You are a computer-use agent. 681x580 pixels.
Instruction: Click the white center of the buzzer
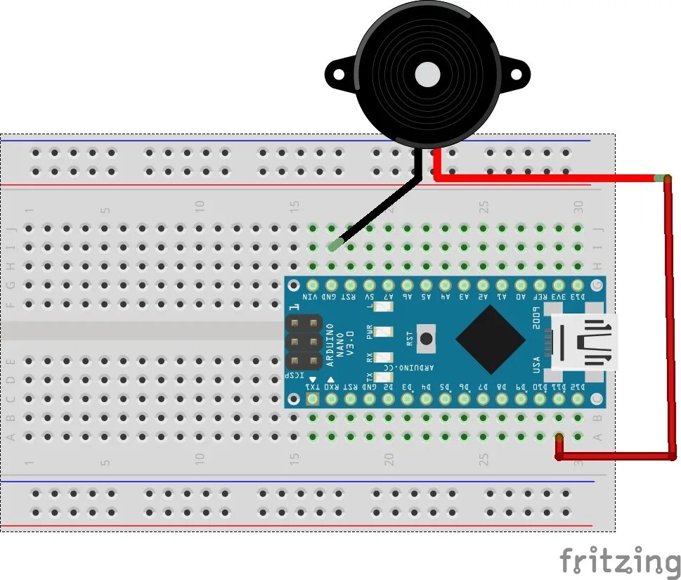pos(427,74)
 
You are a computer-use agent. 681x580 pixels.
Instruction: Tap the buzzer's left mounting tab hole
pos(337,73)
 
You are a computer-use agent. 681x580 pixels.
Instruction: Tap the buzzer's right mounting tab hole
pos(517,73)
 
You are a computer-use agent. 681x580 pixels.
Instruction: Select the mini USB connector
pos(584,342)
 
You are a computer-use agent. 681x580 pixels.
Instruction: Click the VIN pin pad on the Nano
pos(312,285)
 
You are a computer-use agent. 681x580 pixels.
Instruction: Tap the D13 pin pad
pos(578,285)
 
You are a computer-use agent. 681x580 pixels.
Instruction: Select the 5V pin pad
pos(369,285)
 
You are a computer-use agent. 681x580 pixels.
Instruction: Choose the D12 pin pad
pos(578,399)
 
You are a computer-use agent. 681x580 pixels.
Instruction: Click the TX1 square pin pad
pos(312,399)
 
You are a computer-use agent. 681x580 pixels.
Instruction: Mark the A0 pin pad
pos(521,285)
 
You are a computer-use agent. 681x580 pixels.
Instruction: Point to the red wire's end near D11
pos(559,439)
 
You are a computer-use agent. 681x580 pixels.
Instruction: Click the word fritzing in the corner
pos(620,562)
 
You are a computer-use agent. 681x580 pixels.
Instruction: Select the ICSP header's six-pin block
pos(304,342)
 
